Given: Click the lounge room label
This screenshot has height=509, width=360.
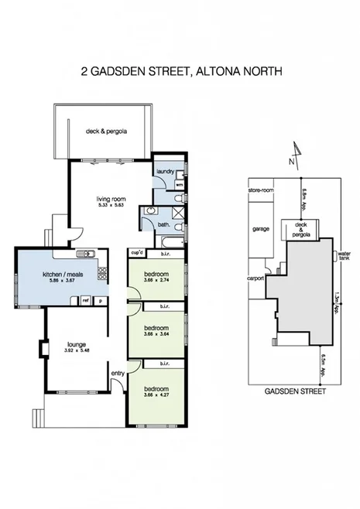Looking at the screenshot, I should click(x=76, y=343).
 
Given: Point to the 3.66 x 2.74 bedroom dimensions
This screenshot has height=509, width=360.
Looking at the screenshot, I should click(x=156, y=281).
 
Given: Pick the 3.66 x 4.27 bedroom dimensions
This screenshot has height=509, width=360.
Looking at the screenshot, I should click(x=156, y=395).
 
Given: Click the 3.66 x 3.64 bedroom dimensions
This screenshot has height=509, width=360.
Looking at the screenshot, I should click(x=156, y=334).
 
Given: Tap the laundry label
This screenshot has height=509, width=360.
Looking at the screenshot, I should click(x=164, y=171).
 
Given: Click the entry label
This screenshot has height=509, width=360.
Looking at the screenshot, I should click(x=118, y=374).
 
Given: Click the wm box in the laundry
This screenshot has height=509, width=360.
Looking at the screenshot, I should click(x=180, y=185).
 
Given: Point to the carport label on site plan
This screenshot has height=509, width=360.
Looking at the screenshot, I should click(x=256, y=277).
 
